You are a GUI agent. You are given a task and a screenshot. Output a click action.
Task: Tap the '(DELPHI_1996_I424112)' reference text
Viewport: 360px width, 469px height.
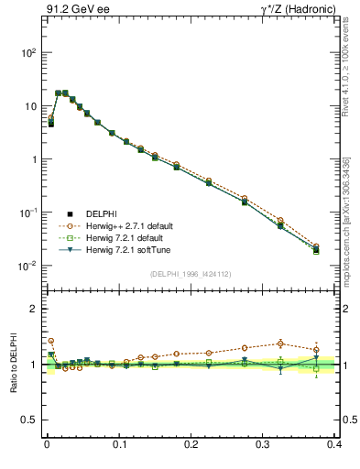(191, 273)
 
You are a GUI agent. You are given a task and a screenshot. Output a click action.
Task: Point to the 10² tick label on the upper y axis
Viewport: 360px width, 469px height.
(27, 53)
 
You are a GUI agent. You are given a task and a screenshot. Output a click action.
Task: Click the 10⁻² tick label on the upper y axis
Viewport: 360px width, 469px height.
(27, 266)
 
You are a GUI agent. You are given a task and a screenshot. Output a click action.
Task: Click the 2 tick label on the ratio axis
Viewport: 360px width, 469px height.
(34, 309)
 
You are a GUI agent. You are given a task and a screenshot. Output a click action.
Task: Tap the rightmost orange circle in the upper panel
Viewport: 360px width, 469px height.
(316, 245)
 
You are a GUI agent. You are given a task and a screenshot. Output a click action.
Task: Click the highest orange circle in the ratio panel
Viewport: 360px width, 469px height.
(50, 341)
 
